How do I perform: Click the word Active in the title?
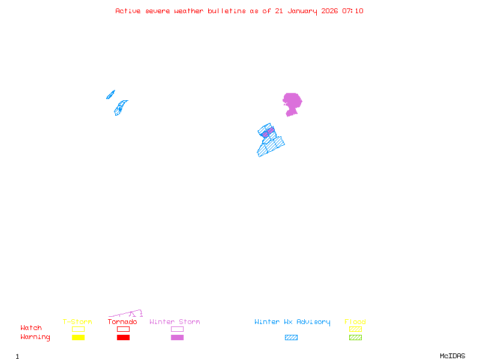point(128,11)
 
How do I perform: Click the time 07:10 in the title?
point(353,11)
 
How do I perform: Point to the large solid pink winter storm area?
point(292,102)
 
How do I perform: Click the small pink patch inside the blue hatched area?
point(268,131)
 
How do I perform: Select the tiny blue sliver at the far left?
point(110,94)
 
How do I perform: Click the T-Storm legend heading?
point(77,322)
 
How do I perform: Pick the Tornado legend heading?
point(122,322)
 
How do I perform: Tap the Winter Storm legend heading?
point(175,322)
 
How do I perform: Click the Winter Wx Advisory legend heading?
point(292,322)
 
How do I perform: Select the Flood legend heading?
point(355,322)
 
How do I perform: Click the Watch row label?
point(31,328)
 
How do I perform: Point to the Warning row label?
point(35,337)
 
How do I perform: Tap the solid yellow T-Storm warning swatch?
point(78,338)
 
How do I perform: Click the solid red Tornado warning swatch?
point(123,338)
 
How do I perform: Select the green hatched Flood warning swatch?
point(355,338)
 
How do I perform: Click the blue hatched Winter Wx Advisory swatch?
point(291,338)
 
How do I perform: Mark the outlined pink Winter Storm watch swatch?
point(177,329)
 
